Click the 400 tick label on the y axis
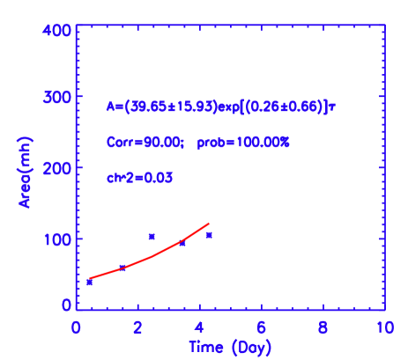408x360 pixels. [x=57, y=30]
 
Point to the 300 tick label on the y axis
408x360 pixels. [x=57, y=99]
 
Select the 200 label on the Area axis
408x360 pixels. [x=57, y=167]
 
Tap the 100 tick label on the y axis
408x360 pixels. [x=57, y=239]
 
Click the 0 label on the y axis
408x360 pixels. [x=66, y=305]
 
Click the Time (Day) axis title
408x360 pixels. [x=229, y=348]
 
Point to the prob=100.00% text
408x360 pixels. [x=243, y=142]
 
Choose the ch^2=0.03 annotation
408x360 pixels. [x=139, y=177]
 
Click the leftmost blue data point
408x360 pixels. [x=90, y=282]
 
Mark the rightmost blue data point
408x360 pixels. [x=209, y=235]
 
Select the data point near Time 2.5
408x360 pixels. [x=152, y=236]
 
